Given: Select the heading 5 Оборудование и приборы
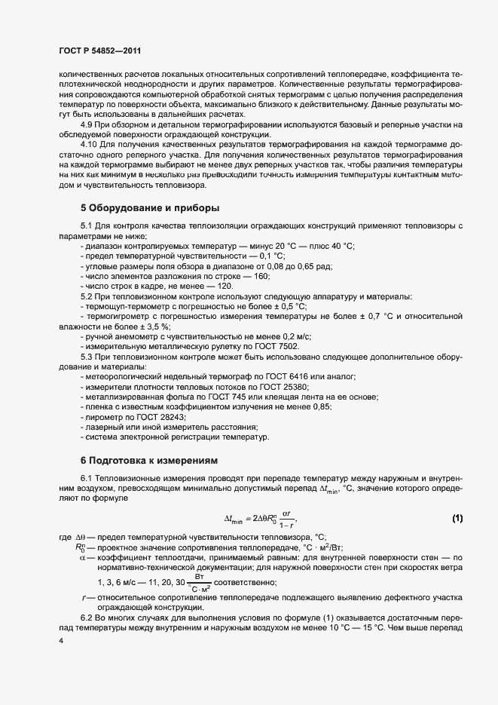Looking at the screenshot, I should pos(149,207).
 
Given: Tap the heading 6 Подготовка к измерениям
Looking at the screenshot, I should pos(148,458).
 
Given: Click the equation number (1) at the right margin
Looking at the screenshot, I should pos(457,518).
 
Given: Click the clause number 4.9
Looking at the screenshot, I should pos(87,124).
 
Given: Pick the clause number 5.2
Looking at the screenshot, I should pos(87,296).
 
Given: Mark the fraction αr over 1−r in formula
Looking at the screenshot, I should pos(284,519).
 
